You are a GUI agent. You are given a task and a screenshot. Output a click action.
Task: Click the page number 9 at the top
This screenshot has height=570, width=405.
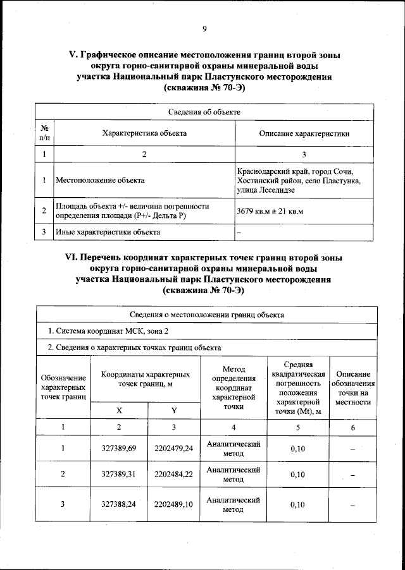(x=204, y=28)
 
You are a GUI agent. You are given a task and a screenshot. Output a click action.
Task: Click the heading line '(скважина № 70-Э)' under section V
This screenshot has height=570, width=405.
(x=204, y=88)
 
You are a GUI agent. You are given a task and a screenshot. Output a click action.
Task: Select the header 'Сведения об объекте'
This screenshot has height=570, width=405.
(x=204, y=112)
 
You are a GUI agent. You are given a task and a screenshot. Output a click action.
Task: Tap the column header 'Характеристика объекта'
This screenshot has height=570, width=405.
(x=144, y=133)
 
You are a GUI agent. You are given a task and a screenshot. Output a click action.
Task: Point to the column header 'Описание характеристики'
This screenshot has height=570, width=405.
(x=304, y=133)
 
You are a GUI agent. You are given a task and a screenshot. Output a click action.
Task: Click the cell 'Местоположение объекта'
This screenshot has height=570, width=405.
(x=100, y=181)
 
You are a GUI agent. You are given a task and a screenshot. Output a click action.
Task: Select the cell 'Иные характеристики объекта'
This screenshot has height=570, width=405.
(x=108, y=232)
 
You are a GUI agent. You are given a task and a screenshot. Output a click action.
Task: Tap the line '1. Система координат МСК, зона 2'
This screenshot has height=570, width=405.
(x=108, y=330)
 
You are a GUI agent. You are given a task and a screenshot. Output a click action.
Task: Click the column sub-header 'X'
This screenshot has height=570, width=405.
(x=119, y=411)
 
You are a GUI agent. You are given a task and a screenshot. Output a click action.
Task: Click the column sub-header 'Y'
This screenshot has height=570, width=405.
(x=173, y=411)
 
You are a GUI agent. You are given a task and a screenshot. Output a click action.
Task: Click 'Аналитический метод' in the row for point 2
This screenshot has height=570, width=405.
(x=234, y=475)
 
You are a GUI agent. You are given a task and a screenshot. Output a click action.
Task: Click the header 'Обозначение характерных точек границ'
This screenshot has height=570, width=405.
(x=63, y=387)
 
